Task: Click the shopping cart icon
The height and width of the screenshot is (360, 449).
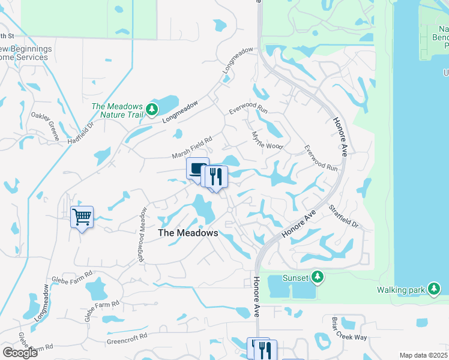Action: (82, 217)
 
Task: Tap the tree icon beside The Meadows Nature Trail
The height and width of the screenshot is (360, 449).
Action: (152, 109)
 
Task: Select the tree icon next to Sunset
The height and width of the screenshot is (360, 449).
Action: (318, 277)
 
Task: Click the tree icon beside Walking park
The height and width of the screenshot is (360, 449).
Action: (434, 290)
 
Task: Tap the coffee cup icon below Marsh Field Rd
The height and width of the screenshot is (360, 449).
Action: (197, 168)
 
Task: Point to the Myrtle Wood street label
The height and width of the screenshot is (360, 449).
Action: (267, 141)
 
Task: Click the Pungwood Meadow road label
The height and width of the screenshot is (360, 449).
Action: (142, 226)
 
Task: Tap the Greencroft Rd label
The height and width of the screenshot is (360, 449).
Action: (127, 336)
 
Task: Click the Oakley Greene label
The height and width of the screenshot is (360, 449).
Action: (46, 126)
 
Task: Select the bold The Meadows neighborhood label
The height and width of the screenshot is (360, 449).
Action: (187, 233)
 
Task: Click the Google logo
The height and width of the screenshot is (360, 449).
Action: (19, 352)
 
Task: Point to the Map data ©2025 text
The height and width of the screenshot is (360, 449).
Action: (423, 355)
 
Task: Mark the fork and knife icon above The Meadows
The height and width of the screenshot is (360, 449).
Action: (216, 176)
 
